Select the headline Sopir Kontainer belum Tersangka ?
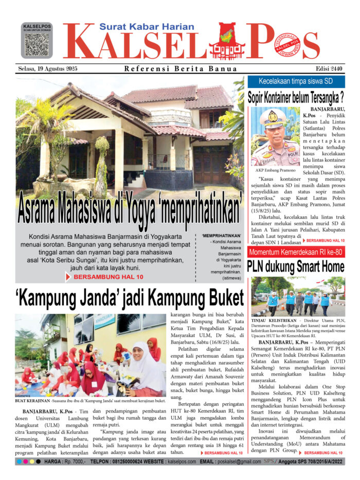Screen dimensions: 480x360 pyautogui.click(x=296, y=97)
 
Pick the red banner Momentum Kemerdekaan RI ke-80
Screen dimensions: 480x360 pyautogui.click(x=296, y=252)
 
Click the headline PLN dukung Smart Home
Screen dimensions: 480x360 pyautogui.click(x=296, y=266)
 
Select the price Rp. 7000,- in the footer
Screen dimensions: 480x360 pyautogui.click(x=74, y=461)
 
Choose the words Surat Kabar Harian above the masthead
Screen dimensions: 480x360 pyautogui.click(x=147, y=27)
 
